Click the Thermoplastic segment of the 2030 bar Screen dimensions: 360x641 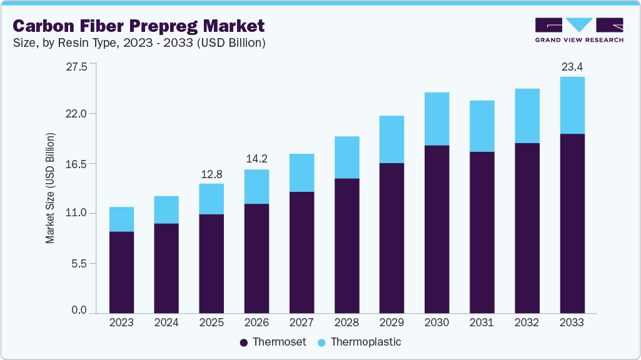point(437,119)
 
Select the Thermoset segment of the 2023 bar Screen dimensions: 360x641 point(121,272)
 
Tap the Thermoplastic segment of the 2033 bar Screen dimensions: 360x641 point(572,105)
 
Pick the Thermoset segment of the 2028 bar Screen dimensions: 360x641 point(346,246)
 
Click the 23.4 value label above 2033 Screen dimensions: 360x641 point(572,66)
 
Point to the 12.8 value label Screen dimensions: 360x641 point(211,173)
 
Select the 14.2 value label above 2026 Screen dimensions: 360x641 point(256,159)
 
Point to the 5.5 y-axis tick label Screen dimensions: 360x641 point(80,264)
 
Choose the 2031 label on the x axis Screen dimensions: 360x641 point(482,322)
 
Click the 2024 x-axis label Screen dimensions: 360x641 point(166,322)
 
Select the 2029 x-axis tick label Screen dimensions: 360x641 point(391,322)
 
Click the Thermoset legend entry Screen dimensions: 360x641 point(273,342)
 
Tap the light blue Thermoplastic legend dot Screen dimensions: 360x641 point(322,342)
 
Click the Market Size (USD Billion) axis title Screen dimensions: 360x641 point(50,188)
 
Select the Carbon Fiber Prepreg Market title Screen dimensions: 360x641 point(139,26)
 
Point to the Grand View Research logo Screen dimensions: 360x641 point(578,29)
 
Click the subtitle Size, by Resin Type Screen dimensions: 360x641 point(140,43)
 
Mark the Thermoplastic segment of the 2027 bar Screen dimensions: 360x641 point(301,172)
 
